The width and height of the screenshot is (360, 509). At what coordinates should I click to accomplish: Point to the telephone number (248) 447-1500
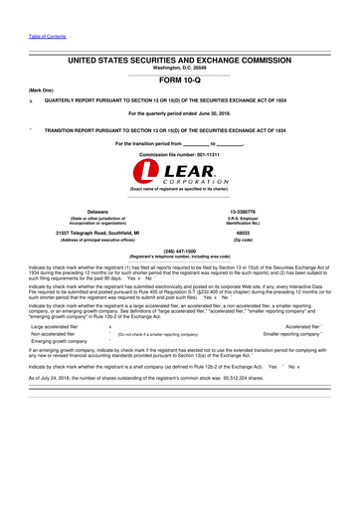point(179,252)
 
